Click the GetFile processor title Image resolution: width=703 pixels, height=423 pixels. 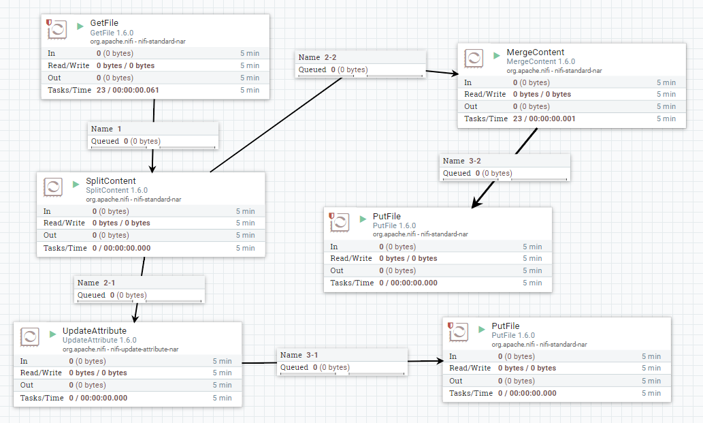coord(104,23)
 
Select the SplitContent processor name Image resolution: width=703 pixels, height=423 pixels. coord(110,181)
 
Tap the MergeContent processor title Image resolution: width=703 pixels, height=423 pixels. coord(535,52)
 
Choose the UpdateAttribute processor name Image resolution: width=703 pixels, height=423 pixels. coord(94,330)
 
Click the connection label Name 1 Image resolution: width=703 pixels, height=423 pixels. coord(106,129)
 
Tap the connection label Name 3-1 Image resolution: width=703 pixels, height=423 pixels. coord(299,355)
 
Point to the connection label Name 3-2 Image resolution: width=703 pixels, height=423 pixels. coord(462,161)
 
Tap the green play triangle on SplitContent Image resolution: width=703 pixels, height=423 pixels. coord(77,185)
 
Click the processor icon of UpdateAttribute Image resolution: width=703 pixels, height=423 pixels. coord(30,336)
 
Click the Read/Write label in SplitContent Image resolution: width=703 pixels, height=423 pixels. coord(64,223)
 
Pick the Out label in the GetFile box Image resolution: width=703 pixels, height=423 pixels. coord(54,78)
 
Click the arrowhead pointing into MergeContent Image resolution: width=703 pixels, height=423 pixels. coord(453,73)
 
